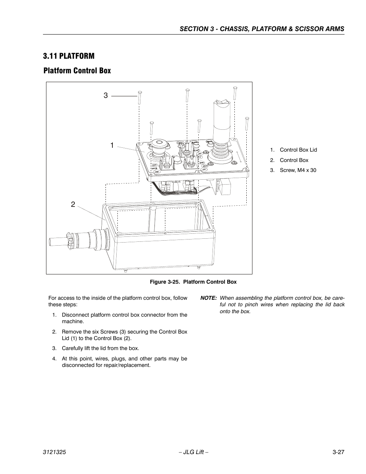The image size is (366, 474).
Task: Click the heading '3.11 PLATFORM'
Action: click(69, 56)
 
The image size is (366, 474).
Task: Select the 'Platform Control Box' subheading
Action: click(77, 71)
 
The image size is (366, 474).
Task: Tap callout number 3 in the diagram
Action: click(106, 96)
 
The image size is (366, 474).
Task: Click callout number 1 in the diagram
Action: click(112, 145)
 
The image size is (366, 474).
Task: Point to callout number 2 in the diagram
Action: click(73, 205)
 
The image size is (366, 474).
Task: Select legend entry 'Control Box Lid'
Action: click(298, 150)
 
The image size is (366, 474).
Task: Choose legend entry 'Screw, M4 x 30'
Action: click(298, 170)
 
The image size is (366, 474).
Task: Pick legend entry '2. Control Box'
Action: click(293, 160)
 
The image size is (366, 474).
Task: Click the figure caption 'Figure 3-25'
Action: click(193, 282)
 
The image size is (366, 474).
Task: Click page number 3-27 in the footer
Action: click(338, 453)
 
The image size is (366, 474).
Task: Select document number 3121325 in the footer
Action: click(54, 453)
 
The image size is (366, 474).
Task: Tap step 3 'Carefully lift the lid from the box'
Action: click(100, 348)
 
